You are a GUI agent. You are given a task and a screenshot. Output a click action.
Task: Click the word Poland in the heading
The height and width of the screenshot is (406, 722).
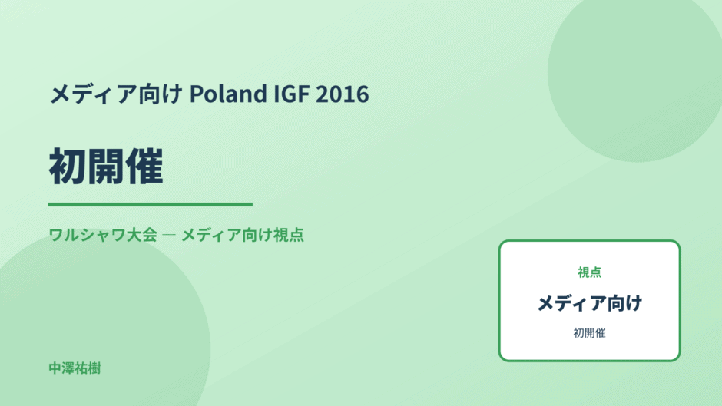coord(228,94)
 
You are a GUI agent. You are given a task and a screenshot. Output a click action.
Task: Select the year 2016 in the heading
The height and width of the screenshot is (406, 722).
coord(343,94)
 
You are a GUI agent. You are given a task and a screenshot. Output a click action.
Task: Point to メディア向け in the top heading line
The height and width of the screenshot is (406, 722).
coord(116,94)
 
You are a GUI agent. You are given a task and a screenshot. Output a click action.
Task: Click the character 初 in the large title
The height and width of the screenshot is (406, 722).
coord(68,167)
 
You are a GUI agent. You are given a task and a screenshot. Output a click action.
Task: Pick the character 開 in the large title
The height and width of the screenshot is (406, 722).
coord(106,167)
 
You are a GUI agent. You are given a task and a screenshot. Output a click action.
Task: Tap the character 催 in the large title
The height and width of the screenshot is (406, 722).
coord(144,167)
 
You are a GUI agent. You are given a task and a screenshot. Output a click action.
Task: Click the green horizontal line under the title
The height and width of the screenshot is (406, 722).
coord(151,204)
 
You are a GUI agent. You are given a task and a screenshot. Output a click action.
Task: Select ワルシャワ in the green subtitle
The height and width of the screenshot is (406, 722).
coord(88,235)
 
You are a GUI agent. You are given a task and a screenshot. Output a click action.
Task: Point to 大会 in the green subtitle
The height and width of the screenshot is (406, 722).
coord(142,235)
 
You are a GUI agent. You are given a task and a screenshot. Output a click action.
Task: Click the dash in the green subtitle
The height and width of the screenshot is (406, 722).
coord(169,235)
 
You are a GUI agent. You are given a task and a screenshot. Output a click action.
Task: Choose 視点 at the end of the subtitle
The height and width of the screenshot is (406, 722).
coord(289,235)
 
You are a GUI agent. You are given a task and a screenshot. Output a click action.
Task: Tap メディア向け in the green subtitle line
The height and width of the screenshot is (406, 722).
coord(227,235)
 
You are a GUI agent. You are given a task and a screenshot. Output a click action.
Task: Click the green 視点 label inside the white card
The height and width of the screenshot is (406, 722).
coord(589,272)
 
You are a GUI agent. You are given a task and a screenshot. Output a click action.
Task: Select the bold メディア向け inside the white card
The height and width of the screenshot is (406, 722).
coord(589,303)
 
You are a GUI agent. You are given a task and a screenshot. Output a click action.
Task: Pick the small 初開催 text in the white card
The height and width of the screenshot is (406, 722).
coord(589,333)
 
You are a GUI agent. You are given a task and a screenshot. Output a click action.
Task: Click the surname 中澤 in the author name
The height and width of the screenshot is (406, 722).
coord(61,368)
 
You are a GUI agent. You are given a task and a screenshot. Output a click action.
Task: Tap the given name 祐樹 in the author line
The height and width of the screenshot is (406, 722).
coord(88,368)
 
